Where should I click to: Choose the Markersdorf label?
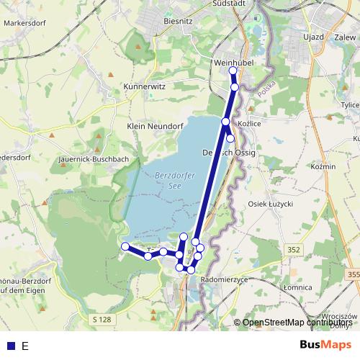[x=24, y=23]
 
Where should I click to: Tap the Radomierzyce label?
[x=225, y=279]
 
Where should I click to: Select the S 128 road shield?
[x=103, y=319]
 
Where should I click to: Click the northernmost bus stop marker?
[x=233, y=71]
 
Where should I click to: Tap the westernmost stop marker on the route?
[x=125, y=247]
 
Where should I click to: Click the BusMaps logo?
[x=327, y=346]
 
